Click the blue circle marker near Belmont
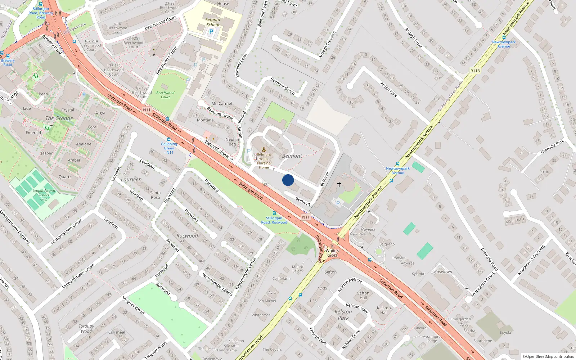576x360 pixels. (288, 180)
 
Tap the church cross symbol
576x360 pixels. (339, 184)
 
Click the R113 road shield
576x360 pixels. (475, 71)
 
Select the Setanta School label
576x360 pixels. (213, 22)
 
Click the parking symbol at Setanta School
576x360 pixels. (211, 32)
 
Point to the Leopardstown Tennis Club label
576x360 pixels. (44, 195)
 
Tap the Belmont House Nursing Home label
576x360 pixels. (264, 161)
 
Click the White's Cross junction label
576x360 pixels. (332, 253)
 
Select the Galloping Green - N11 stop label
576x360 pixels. (169, 148)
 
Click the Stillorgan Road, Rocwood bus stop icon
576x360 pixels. (274, 213)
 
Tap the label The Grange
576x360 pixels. (59, 118)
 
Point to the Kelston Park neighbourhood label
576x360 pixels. (343, 315)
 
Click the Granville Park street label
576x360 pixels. (552, 147)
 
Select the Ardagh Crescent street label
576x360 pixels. (327, 45)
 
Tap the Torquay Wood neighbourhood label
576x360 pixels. (86, 328)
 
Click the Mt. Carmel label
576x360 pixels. (222, 104)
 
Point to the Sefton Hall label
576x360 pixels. (363, 295)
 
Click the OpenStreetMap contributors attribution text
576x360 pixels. (548, 356)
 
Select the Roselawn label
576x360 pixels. (443, 272)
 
